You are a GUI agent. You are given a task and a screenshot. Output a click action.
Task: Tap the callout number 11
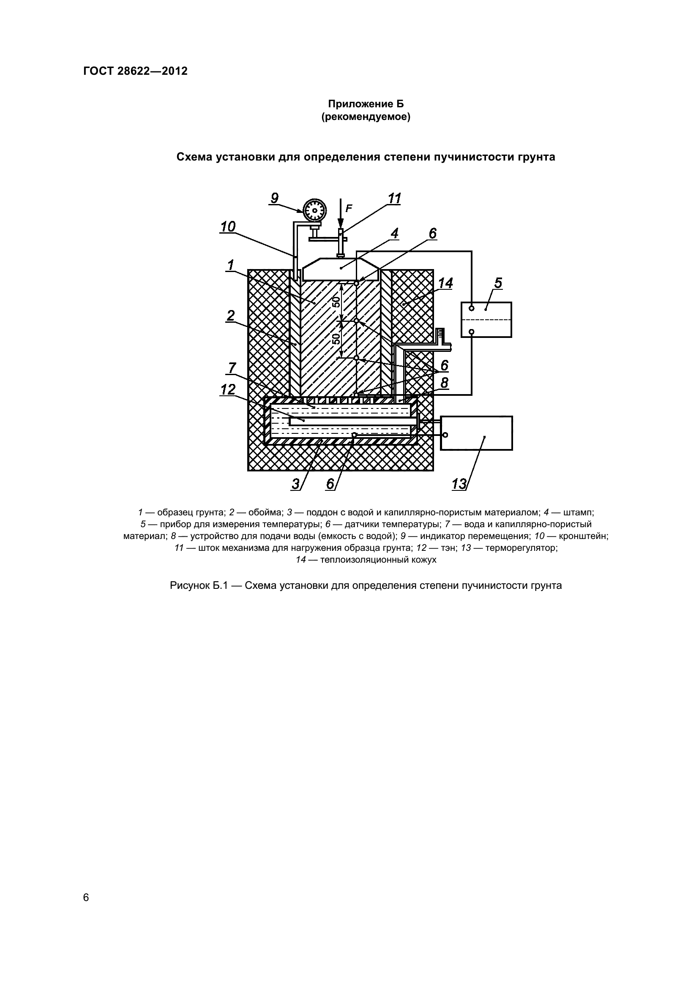(394, 199)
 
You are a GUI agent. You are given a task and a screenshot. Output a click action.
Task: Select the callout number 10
(228, 227)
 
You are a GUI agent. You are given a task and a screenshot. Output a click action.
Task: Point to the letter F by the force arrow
(349, 209)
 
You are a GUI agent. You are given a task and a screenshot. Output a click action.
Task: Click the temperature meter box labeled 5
(486, 320)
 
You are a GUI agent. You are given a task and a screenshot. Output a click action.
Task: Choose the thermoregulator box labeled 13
(476, 433)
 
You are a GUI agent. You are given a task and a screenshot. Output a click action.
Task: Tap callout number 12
(228, 389)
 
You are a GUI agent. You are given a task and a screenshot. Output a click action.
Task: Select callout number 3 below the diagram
(296, 484)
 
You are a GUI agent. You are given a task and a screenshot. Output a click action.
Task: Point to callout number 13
(459, 484)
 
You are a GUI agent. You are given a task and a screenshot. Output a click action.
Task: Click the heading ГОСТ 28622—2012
(135, 71)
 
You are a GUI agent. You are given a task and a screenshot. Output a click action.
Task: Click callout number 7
(232, 368)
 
